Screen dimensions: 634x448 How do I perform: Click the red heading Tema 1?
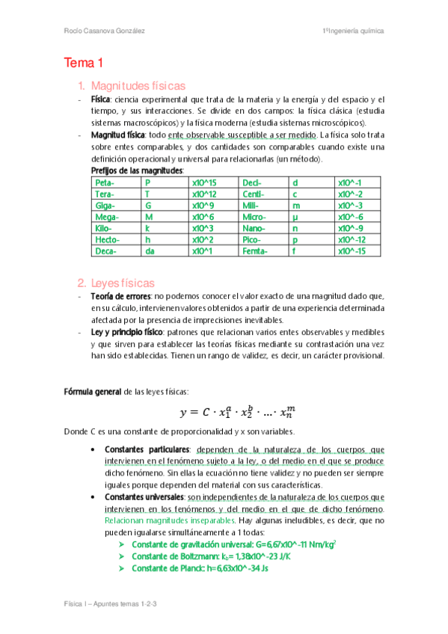(x=83, y=63)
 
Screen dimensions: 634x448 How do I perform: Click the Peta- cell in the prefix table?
(x=105, y=182)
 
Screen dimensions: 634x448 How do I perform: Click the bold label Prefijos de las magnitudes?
(x=137, y=171)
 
